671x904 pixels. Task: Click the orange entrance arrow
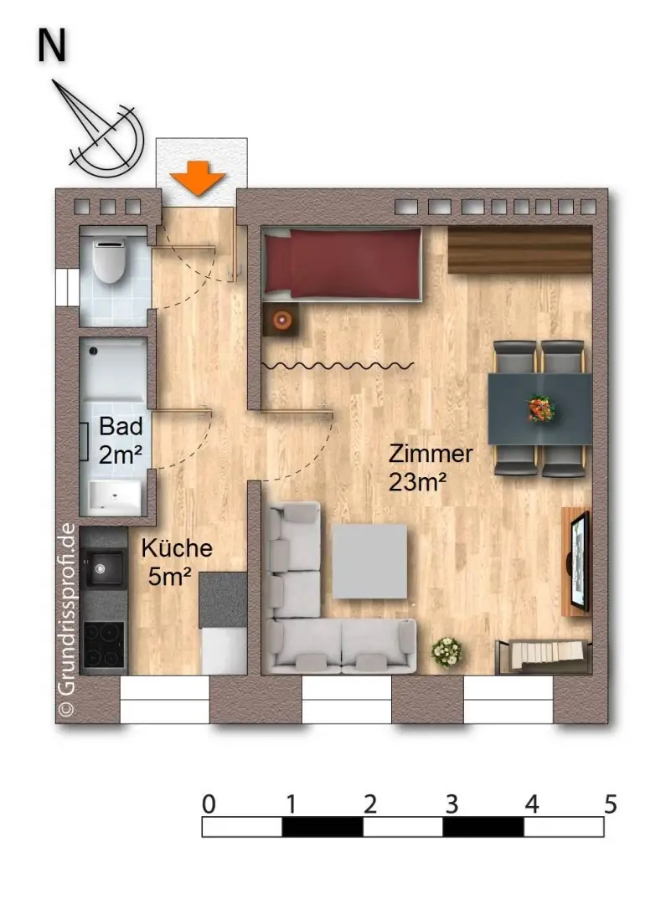pyautogui.click(x=199, y=179)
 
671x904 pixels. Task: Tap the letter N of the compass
pyautogui.click(x=51, y=47)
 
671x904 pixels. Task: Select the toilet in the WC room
pyautogui.click(x=108, y=259)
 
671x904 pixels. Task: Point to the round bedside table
pyautogui.click(x=280, y=320)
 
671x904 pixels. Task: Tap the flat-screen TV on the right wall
pyautogui.click(x=579, y=559)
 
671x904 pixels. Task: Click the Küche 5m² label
pyautogui.click(x=175, y=562)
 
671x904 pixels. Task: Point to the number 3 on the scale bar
pyautogui.click(x=451, y=804)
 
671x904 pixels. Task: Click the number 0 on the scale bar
pyautogui.click(x=209, y=804)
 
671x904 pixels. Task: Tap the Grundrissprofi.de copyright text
pyautogui.click(x=66, y=620)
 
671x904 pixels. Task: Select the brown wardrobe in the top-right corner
pyautogui.click(x=520, y=249)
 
